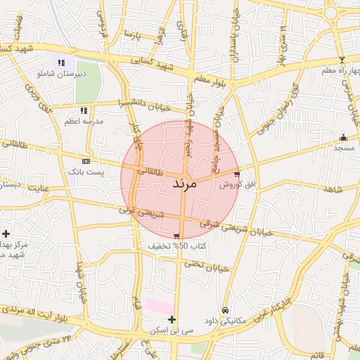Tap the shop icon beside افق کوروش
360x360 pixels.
[237, 174]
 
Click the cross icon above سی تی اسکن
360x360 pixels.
[172, 320]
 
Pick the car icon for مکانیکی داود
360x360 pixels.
[225, 310]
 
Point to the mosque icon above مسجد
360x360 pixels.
[343, 137]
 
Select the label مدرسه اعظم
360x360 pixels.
[84, 121]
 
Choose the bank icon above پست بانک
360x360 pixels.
[86, 161]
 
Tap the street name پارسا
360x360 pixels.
[133, 33]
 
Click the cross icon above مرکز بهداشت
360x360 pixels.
[6, 233]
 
